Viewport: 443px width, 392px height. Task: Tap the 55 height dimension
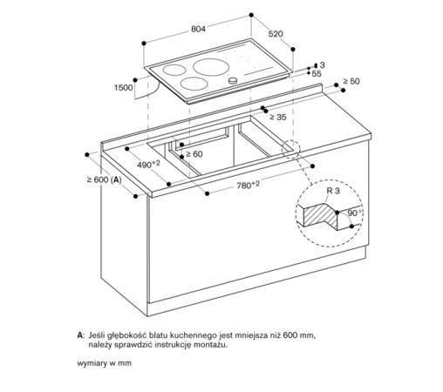pos(317,75)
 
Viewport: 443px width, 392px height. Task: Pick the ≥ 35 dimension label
pos(278,117)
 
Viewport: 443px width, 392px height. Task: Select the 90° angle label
pos(353,213)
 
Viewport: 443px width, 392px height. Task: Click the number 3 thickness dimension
pos(322,65)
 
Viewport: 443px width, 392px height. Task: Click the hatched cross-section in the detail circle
pos(319,213)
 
